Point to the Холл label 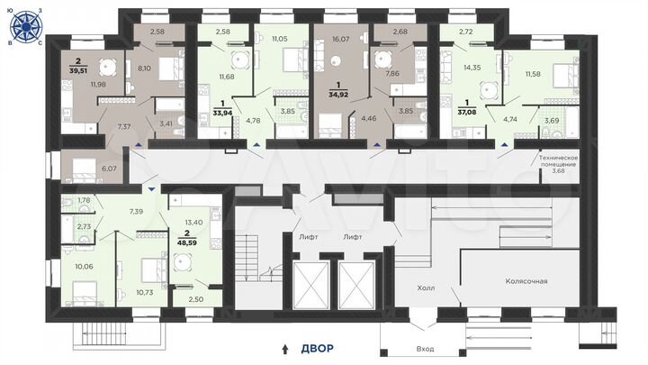[x=426, y=290]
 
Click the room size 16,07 [x=339, y=40]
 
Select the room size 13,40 [x=193, y=220]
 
